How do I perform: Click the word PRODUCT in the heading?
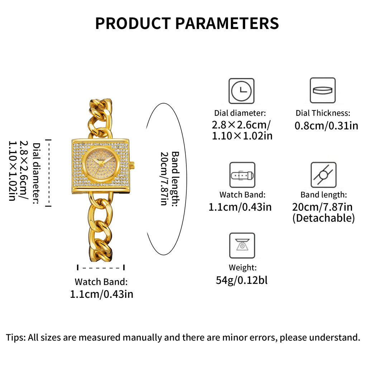[x=133, y=23]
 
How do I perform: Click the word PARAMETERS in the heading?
[x=227, y=23]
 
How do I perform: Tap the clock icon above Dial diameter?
[x=241, y=91]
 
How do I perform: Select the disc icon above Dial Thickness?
[x=323, y=90]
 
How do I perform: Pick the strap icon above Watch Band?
[x=242, y=175]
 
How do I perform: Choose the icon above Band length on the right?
[x=324, y=175]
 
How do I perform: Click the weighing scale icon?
[x=242, y=246]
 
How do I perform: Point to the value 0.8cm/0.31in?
[x=326, y=126]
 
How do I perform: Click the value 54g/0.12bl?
[x=242, y=280]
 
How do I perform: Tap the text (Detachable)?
[x=324, y=218]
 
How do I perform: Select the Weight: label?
[x=243, y=267]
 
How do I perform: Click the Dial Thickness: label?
[x=323, y=113]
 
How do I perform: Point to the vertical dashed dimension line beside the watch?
[x=48, y=173]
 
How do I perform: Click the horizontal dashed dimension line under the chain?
[x=101, y=267]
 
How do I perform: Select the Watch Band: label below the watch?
[x=101, y=282]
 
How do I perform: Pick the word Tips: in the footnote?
[x=16, y=338]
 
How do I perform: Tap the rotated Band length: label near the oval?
[x=175, y=179]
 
